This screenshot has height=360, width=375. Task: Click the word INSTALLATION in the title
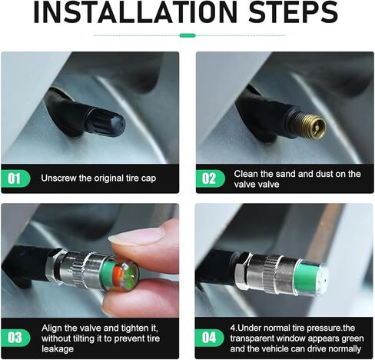135,12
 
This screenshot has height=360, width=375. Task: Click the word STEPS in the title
293,12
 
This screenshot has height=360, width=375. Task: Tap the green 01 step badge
15,178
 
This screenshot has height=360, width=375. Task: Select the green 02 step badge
211,178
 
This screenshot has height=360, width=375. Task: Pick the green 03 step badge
15,338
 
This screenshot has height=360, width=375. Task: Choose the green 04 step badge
209,338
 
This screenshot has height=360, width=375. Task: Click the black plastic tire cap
105,122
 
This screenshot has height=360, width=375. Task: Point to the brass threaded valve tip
308,125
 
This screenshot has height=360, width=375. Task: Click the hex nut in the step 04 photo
242,272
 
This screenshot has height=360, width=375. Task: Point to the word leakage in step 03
58,349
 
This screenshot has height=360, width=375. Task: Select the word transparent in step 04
255,338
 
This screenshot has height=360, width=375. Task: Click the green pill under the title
187,35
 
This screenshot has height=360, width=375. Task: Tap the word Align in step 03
51,328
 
